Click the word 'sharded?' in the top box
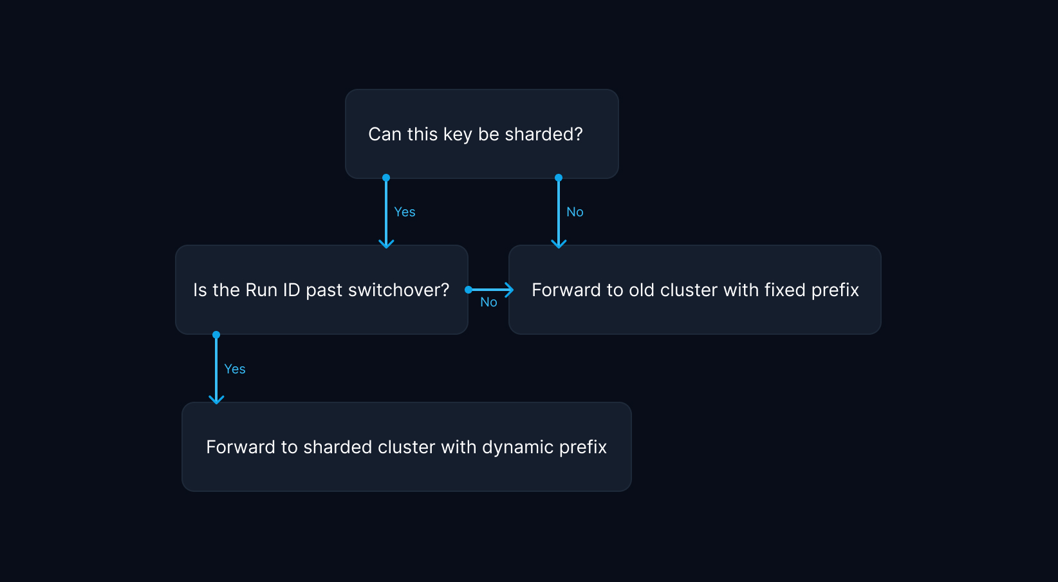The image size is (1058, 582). coord(543,134)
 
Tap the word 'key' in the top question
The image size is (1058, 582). coord(458,135)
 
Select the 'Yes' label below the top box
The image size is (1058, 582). coord(404,212)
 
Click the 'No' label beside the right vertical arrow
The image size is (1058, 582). coord(575,212)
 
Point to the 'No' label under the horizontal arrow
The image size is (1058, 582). coord(488,302)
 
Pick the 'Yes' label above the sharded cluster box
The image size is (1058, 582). coord(234,369)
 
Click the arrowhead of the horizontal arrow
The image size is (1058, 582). coord(510,290)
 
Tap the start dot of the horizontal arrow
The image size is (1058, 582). coord(469,290)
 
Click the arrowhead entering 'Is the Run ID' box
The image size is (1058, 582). coord(386,243)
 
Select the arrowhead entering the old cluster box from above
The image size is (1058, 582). coord(559,243)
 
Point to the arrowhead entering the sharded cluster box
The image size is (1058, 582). coord(216,399)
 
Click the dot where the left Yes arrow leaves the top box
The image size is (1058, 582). coord(386,178)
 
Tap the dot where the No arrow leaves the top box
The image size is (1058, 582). coord(559,178)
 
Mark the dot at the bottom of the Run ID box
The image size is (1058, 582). coord(216,335)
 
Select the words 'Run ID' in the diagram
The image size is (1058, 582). coord(272,290)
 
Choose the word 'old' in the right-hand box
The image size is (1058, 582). coord(641,290)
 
